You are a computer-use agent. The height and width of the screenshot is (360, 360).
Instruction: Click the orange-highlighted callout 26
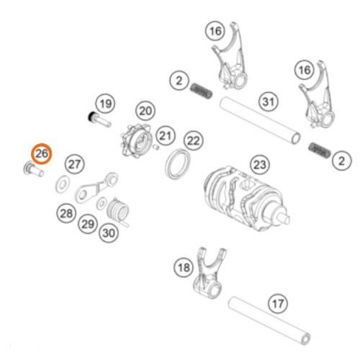41,153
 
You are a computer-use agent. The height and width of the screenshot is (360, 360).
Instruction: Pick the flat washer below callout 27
62,185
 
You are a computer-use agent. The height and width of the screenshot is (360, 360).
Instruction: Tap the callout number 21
166,135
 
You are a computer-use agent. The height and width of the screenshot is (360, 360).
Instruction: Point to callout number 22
193,140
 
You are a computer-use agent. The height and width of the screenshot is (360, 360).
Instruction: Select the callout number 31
269,102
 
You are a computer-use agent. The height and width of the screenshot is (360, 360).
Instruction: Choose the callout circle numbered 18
184,268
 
